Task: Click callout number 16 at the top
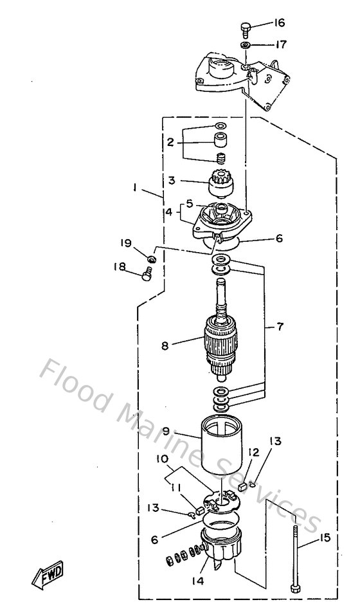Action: pyautogui.click(x=279, y=23)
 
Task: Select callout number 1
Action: pyautogui.click(x=135, y=187)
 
